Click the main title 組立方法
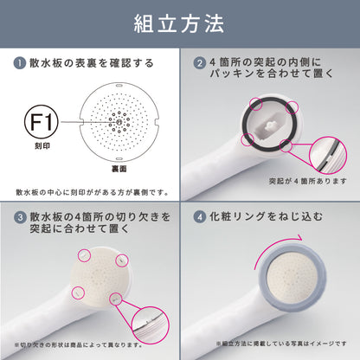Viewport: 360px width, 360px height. click(179, 23)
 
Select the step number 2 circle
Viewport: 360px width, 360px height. click(199, 63)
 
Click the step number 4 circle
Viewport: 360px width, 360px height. click(200, 215)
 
